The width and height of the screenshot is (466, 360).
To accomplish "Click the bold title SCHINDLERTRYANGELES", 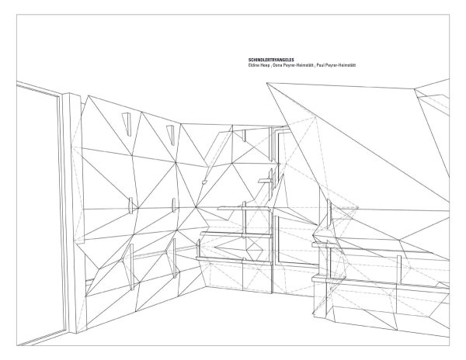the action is [x=271, y=60].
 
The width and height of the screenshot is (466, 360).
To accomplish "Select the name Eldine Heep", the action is [x=259, y=65].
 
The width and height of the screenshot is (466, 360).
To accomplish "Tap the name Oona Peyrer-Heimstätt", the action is [x=293, y=65].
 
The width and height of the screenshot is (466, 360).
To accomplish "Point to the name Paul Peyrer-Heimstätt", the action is [x=336, y=65].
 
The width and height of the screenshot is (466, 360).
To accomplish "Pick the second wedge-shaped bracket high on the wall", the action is [x=170, y=135].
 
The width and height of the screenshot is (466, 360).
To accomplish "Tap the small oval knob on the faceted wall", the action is [x=204, y=182].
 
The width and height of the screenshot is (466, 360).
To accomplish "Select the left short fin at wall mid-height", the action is [x=130, y=205].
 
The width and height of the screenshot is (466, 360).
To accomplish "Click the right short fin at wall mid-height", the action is [x=173, y=205].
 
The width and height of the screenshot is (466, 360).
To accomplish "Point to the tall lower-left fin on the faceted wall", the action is [x=132, y=266].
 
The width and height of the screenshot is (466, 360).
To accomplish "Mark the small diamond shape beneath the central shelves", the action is [x=254, y=250].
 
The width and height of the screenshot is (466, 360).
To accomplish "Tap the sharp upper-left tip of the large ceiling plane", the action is [x=266, y=83].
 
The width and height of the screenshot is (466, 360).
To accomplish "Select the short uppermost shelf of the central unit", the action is [x=266, y=180].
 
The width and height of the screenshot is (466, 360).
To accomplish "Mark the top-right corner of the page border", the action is [x=450, y=14].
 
